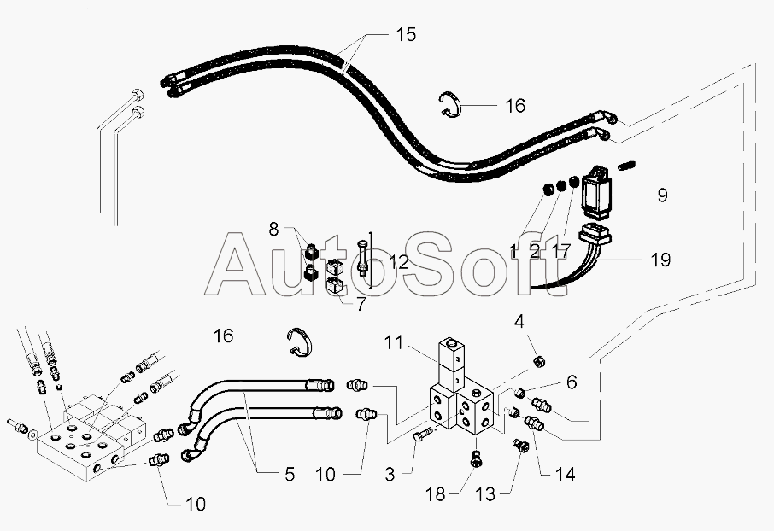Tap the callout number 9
[x=661, y=195]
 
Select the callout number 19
[x=661, y=259]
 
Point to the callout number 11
[x=392, y=344]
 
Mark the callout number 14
[x=563, y=473]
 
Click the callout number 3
[x=390, y=473]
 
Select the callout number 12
[x=398, y=261]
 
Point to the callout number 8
[x=273, y=229]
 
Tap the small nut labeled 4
[x=539, y=363]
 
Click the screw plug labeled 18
[x=477, y=461]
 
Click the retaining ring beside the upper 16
[x=452, y=104]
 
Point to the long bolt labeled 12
[x=364, y=259]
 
